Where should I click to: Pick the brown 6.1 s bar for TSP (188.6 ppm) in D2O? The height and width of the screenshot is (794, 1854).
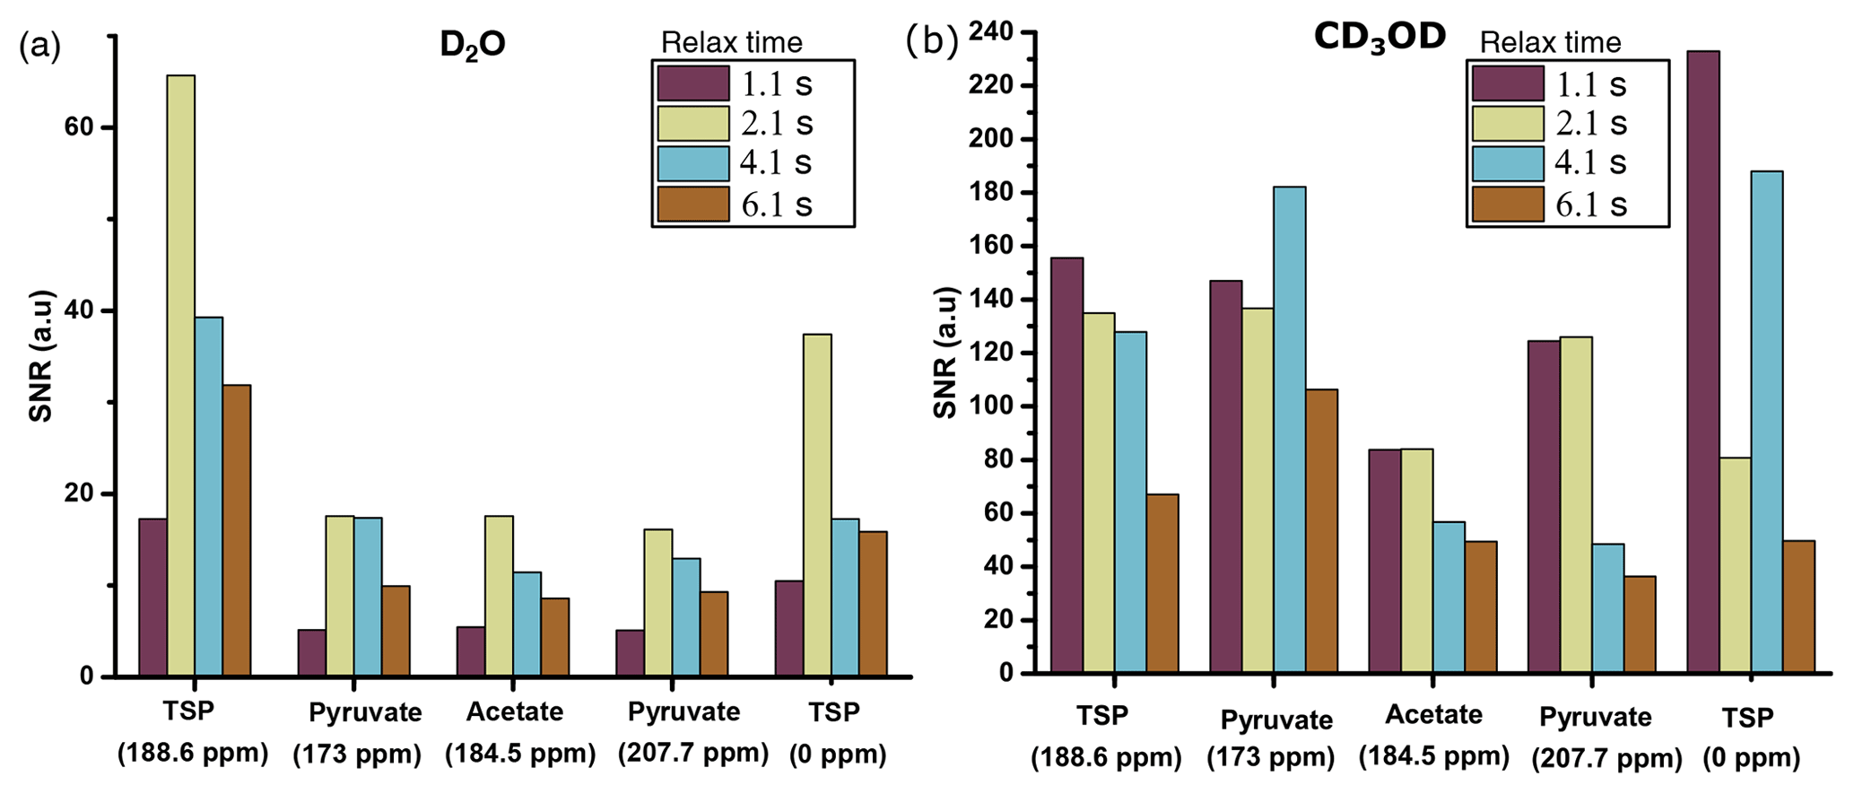pyautogui.click(x=237, y=529)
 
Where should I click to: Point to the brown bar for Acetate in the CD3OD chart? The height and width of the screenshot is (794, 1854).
pyautogui.click(x=1480, y=606)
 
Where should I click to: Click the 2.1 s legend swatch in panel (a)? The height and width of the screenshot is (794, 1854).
pyautogui.click(x=692, y=123)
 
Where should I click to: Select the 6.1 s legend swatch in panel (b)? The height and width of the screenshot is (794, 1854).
pyautogui.click(x=1507, y=205)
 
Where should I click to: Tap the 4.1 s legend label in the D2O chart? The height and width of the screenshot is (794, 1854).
pyautogui.click(x=776, y=162)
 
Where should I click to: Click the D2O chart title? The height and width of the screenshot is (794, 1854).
pyautogui.click(x=473, y=44)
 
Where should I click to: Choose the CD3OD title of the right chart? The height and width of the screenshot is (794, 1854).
pyautogui.click(x=1380, y=37)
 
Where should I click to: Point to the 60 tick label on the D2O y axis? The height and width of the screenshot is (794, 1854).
pyautogui.click(x=80, y=127)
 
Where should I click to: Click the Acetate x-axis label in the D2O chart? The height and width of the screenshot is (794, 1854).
pyautogui.click(x=515, y=711)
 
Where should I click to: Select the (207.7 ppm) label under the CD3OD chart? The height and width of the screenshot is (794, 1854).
pyautogui.click(x=1606, y=758)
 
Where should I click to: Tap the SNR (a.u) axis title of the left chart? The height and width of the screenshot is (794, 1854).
pyautogui.click(x=41, y=355)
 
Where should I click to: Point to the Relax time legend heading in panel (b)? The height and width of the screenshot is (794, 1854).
pyautogui.click(x=1550, y=42)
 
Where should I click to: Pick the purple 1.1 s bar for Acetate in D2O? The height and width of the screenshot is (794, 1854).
pyautogui.click(x=471, y=650)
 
